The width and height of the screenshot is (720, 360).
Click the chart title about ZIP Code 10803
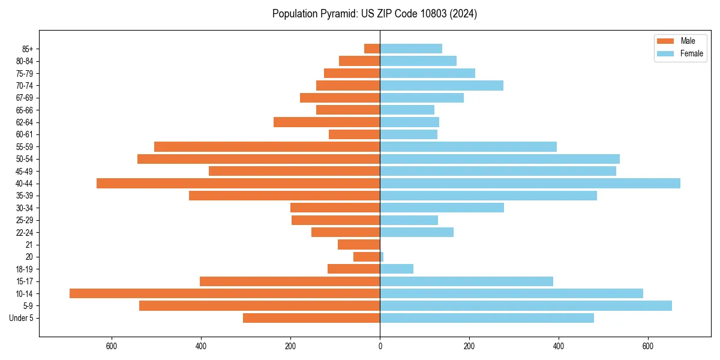[x=374, y=14]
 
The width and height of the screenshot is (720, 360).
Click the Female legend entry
[x=680, y=53]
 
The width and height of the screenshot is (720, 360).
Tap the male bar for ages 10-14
[x=224, y=293]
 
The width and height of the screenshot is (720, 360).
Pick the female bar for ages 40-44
[x=530, y=183]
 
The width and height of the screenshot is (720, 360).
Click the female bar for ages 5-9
[x=526, y=305]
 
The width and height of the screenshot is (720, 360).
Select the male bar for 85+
[x=372, y=49]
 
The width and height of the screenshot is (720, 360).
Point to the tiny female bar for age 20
[x=382, y=257]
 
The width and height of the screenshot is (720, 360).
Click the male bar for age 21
[x=359, y=244]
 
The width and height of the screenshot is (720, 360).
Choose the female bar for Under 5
[x=487, y=318]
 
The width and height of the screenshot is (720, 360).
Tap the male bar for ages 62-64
[x=326, y=122]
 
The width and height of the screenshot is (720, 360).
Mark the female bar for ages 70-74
[x=442, y=85]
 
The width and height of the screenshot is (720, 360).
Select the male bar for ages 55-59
[x=267, y=146]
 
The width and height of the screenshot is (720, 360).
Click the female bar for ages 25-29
[x=409, y=220]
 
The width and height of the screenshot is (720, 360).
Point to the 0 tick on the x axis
[x=380, y=346]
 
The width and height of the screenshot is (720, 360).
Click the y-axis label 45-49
[x=25, y=171]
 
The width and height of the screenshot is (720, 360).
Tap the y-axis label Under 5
[x=22, y=318]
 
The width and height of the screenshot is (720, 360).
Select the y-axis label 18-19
[x=25, y=269]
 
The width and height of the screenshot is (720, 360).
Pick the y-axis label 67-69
[x=25, y=98]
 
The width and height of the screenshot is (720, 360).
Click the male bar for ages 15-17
[x=290, y=281]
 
